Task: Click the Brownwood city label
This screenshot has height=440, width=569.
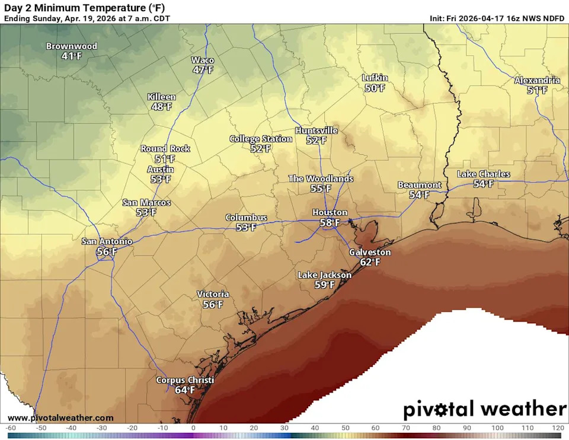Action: tap(72, 46)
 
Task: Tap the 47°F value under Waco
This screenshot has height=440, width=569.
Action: tap(203, 70)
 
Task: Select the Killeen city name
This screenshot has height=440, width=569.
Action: tap(161, 97)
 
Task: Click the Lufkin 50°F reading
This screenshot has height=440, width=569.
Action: tap(375, 88)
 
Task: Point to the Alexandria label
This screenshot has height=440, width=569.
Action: tap(537, 80)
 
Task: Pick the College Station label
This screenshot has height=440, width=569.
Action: tap(261, 139)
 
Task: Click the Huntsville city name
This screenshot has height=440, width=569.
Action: tap(317, 130)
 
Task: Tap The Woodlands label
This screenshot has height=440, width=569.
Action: tap(321, 178)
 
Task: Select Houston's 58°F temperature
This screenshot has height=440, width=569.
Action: tap(330, 223)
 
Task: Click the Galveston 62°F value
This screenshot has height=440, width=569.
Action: tap(370, 262)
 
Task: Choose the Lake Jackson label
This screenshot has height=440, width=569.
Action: tap(324, 275)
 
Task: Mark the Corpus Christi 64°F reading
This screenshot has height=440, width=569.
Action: tap(185, 390)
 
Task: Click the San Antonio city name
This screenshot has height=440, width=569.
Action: tap(107, 241)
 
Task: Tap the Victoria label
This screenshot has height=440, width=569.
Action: tap(213, 294)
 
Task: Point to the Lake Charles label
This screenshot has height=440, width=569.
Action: tap(483, 174)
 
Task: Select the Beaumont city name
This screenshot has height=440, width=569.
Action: tap(419, 185)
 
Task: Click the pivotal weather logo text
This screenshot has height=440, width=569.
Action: tap(484, 409)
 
